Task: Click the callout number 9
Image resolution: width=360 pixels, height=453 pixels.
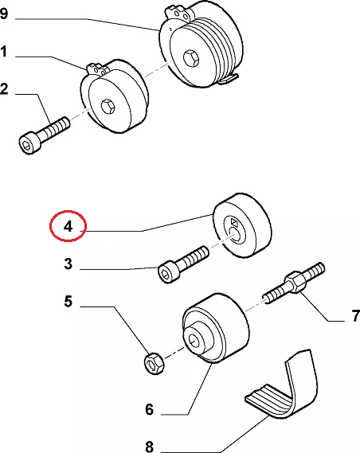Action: [4, 14]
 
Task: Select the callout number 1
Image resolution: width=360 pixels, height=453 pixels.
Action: [3, 52]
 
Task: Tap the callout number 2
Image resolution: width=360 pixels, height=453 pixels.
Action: [4, 89]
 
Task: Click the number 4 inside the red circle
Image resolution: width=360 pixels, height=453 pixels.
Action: [68, 226]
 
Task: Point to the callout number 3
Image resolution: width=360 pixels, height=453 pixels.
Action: [68, 264]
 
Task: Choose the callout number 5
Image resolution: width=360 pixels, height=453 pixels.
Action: [68, 301]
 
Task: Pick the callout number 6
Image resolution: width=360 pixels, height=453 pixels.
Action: [150, 409]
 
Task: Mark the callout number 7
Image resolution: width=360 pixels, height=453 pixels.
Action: [356, 316]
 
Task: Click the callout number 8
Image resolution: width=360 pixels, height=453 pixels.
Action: [150, 447]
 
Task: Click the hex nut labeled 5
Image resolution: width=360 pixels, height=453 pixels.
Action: [154, 364]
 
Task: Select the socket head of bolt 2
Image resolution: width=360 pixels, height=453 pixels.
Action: [28, 143]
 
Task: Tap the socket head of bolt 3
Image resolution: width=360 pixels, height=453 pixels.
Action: [167, 272]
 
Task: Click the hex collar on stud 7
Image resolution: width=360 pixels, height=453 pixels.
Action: [295, 282]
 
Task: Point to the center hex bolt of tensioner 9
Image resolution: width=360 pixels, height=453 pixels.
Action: [191, 57]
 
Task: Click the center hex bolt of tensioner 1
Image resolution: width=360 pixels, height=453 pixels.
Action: [108, 107]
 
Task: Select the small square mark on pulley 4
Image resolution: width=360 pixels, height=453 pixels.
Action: [234, 222]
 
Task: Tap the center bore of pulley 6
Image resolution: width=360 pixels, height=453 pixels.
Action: [194, 341]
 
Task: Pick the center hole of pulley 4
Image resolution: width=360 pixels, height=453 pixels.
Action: [235, 234]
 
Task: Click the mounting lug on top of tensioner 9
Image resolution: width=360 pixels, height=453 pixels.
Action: [178, 12]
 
